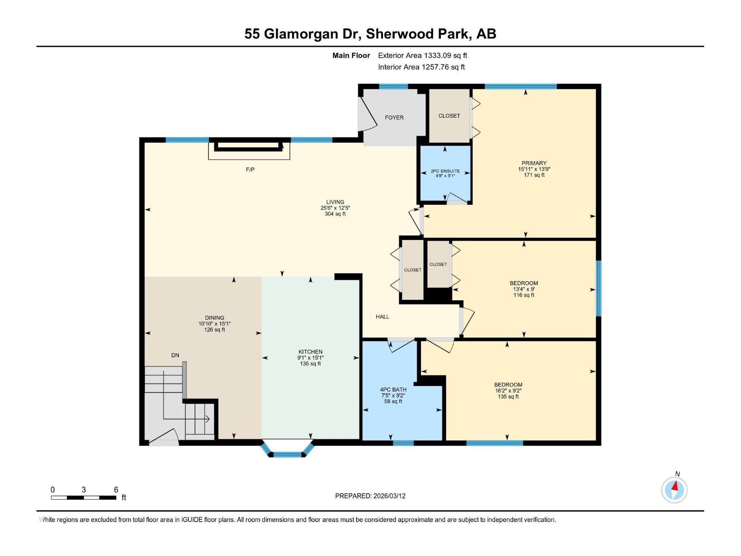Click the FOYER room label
tap(394, 118)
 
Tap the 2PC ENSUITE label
tap(445, 171)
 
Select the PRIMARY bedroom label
tap(534, 163)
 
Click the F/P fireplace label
tap(250, 170)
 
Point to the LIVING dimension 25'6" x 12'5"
tap(335, 208)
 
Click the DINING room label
tap(214, 318)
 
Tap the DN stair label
tap(175, 355)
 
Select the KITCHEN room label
tap(310, 352)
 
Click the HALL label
tap(383, 317)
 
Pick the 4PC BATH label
tap(393, 390)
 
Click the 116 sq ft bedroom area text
tap(524, 295)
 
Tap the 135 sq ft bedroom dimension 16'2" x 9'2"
tap(508, 391)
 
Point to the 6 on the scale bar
tap(116, 490)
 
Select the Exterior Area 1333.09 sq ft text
tap(422, 56)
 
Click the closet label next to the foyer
tap(449, 116)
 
